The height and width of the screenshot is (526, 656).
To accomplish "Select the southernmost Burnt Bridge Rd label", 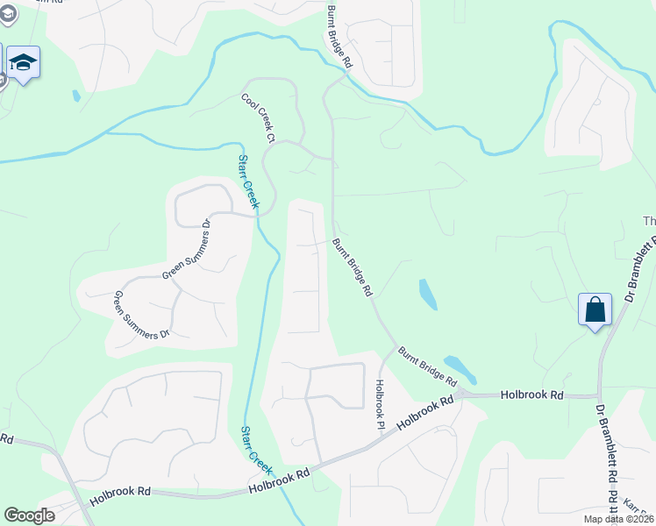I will [428, 367].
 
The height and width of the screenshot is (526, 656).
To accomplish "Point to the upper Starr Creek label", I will [249, 182].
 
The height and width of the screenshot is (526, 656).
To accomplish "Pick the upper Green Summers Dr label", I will [188, 250].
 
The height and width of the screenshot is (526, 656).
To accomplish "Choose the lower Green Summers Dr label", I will [140, 316].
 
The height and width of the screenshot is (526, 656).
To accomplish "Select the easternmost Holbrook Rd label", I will [531, 395].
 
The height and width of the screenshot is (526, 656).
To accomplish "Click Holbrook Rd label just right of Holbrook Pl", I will [424, 412].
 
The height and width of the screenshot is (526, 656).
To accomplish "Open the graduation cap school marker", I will [23, 63].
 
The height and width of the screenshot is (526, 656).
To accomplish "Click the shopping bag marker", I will [595, 309].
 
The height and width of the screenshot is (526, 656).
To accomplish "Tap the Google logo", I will [29, 515].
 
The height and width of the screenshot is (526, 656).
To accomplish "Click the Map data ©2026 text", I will [618, 519].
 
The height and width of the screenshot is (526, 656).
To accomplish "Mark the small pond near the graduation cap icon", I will [76, 96].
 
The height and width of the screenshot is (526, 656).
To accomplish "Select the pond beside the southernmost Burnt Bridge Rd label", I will [460, 369].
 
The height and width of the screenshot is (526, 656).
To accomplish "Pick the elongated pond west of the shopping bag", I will [428, 295].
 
